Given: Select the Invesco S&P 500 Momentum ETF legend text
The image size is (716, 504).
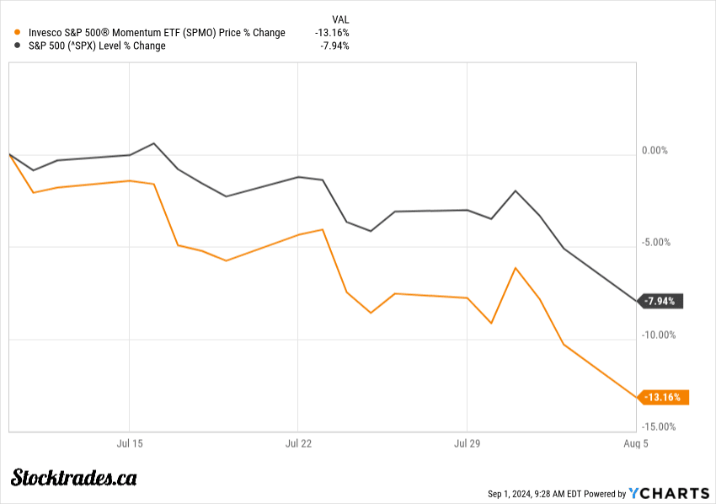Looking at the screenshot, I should click(157, 33).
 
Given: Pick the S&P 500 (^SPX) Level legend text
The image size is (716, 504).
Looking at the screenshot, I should click(97, 46).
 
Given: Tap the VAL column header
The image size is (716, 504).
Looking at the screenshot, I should click(340, 19).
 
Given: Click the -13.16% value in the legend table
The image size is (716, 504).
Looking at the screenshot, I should click(332, 33).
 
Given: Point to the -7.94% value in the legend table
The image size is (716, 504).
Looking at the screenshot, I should click(334, 46).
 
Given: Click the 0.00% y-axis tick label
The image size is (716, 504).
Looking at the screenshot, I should click(655, 151).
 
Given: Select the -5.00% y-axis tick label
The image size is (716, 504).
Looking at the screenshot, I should click(655, 243).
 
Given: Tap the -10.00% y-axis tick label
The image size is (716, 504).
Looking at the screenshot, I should click(657, 335).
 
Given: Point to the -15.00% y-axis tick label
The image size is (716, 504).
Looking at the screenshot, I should click(657, 426).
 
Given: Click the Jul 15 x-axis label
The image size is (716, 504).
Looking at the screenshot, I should click(129, 442).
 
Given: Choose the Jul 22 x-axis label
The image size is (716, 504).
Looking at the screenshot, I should click(298, 442).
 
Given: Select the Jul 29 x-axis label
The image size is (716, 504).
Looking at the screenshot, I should click(467, 442).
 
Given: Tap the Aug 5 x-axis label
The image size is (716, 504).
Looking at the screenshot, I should click(635, 442).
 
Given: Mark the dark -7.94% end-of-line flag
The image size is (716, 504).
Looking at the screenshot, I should click(663, 301).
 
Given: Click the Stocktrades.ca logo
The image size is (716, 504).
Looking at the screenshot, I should click(74, 477).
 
